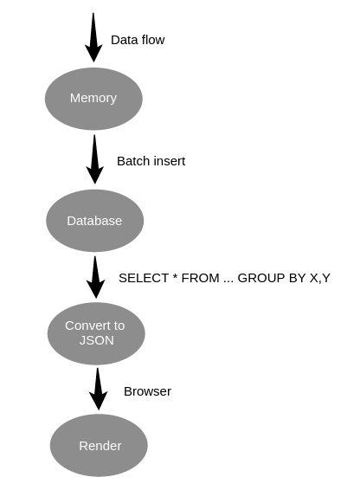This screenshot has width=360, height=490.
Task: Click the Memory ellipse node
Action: tap(93, 99)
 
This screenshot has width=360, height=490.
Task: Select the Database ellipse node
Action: tap(95, 221)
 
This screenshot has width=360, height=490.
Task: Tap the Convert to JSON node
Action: tap(96, 333)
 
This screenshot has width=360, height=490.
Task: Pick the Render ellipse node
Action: tap(99, 445)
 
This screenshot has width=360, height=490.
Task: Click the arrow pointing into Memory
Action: tap(93, 37)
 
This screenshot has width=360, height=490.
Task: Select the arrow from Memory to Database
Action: tap(94, 159)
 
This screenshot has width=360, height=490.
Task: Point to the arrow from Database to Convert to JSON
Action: tap(95, 277)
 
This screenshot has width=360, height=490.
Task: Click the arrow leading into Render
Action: tap(98, 389)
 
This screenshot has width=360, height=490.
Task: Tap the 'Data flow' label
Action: tap(138, 40)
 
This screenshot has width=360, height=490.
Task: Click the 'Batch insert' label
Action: tap(151, 161)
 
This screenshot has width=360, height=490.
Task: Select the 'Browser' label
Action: tap(147, 391)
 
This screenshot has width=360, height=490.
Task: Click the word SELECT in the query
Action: tap(144, 278)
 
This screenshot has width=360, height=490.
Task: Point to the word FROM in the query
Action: tap(200, 278)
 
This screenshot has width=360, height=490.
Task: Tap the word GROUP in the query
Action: tap(261, 278)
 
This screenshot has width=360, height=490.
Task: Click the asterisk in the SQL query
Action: tap(175, 276)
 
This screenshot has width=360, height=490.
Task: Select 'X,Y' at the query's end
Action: tap(319, 279)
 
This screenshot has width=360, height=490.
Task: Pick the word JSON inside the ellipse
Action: tap(97, 340)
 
